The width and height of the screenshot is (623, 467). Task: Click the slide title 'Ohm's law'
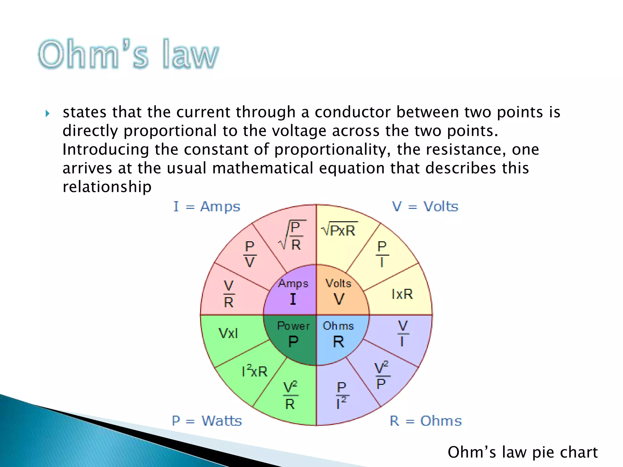click(x=128, y=54)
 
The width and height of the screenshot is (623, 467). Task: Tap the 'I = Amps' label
click(x=207, y=207)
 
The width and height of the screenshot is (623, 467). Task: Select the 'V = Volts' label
click(x=425, y=207)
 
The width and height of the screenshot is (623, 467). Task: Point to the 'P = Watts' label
click(x=207, y=421)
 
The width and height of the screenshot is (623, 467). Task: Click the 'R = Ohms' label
click(x=426, y=421)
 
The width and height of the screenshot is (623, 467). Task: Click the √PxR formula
click(x=339, y=230)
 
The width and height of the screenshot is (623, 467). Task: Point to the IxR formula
click(x=402, y=294)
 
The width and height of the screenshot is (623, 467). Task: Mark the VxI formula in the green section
click(x=228, y=333)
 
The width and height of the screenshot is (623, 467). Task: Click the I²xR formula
click(x=254, y=371)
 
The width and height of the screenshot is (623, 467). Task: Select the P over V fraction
click(x=250, y=254)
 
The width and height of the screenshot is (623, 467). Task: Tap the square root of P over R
click(x=292, y=236)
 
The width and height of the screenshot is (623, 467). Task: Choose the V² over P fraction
click(x=381, y=376)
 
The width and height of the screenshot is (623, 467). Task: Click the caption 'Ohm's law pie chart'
click(x=522, y=452)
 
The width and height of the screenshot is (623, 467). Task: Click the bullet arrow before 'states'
click(x=47, y=114)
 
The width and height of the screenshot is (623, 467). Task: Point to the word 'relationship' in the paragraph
click(x=107, y=187)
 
